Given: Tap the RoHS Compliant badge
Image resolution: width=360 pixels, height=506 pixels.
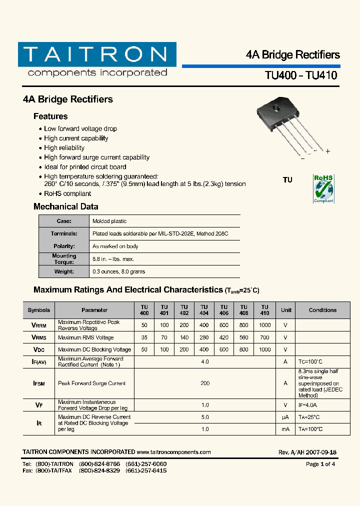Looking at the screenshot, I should (x=323, y=188).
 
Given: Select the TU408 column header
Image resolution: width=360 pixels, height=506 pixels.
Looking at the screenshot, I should (x=244, y=310).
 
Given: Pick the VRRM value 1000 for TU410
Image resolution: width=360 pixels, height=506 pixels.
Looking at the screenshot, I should (x=265, y=325).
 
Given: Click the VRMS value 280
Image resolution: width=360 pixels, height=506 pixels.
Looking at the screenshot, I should (x=204, y=337).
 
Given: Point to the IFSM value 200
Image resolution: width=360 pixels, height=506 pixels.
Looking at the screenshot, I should (x=204, y=383).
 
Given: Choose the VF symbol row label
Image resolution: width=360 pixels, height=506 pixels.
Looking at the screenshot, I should (x=39, y=405).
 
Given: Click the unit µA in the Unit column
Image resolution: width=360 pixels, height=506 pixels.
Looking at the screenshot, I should (x=285, y=417).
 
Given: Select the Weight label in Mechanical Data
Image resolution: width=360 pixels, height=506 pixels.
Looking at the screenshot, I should (x=64, y=271).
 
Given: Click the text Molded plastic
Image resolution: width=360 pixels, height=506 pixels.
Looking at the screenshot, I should (x=109, y=221).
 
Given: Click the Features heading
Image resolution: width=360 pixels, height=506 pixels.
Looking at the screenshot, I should (x=50, y=116).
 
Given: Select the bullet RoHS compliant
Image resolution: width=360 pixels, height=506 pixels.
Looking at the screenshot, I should (x=67, y=193).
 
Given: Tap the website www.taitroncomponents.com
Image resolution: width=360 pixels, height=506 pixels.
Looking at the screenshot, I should (x=173, y=452).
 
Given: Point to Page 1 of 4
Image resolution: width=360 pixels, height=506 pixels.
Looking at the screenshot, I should (x=320, y=464).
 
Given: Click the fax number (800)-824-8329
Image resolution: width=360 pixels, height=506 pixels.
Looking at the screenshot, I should (x=99, y=470).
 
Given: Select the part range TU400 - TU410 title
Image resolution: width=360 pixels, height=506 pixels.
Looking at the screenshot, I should (x=300, y=75).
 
